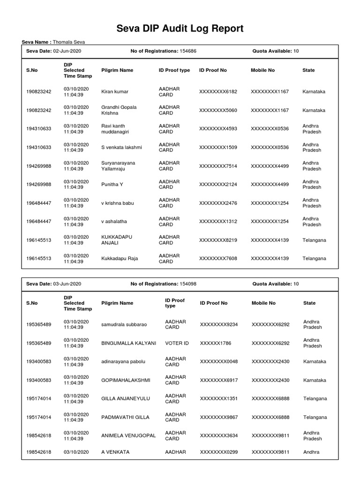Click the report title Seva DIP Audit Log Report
[x=180, y=29]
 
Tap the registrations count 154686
[x=187, y=51]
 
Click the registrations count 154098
[x=187, y=284]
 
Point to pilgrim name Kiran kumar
[x=115, y=92]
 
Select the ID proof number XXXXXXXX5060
[x=218, y=111]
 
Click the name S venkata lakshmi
[x=121, y=148]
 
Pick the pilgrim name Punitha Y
[x=112, y=185]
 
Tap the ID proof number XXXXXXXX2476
[x=218, y=203]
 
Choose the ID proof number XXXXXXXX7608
[x=218, y=258]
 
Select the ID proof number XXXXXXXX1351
[x=219, y=399]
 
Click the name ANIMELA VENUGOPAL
[x=128, y=435]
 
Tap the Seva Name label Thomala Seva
[x=69, y=42]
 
